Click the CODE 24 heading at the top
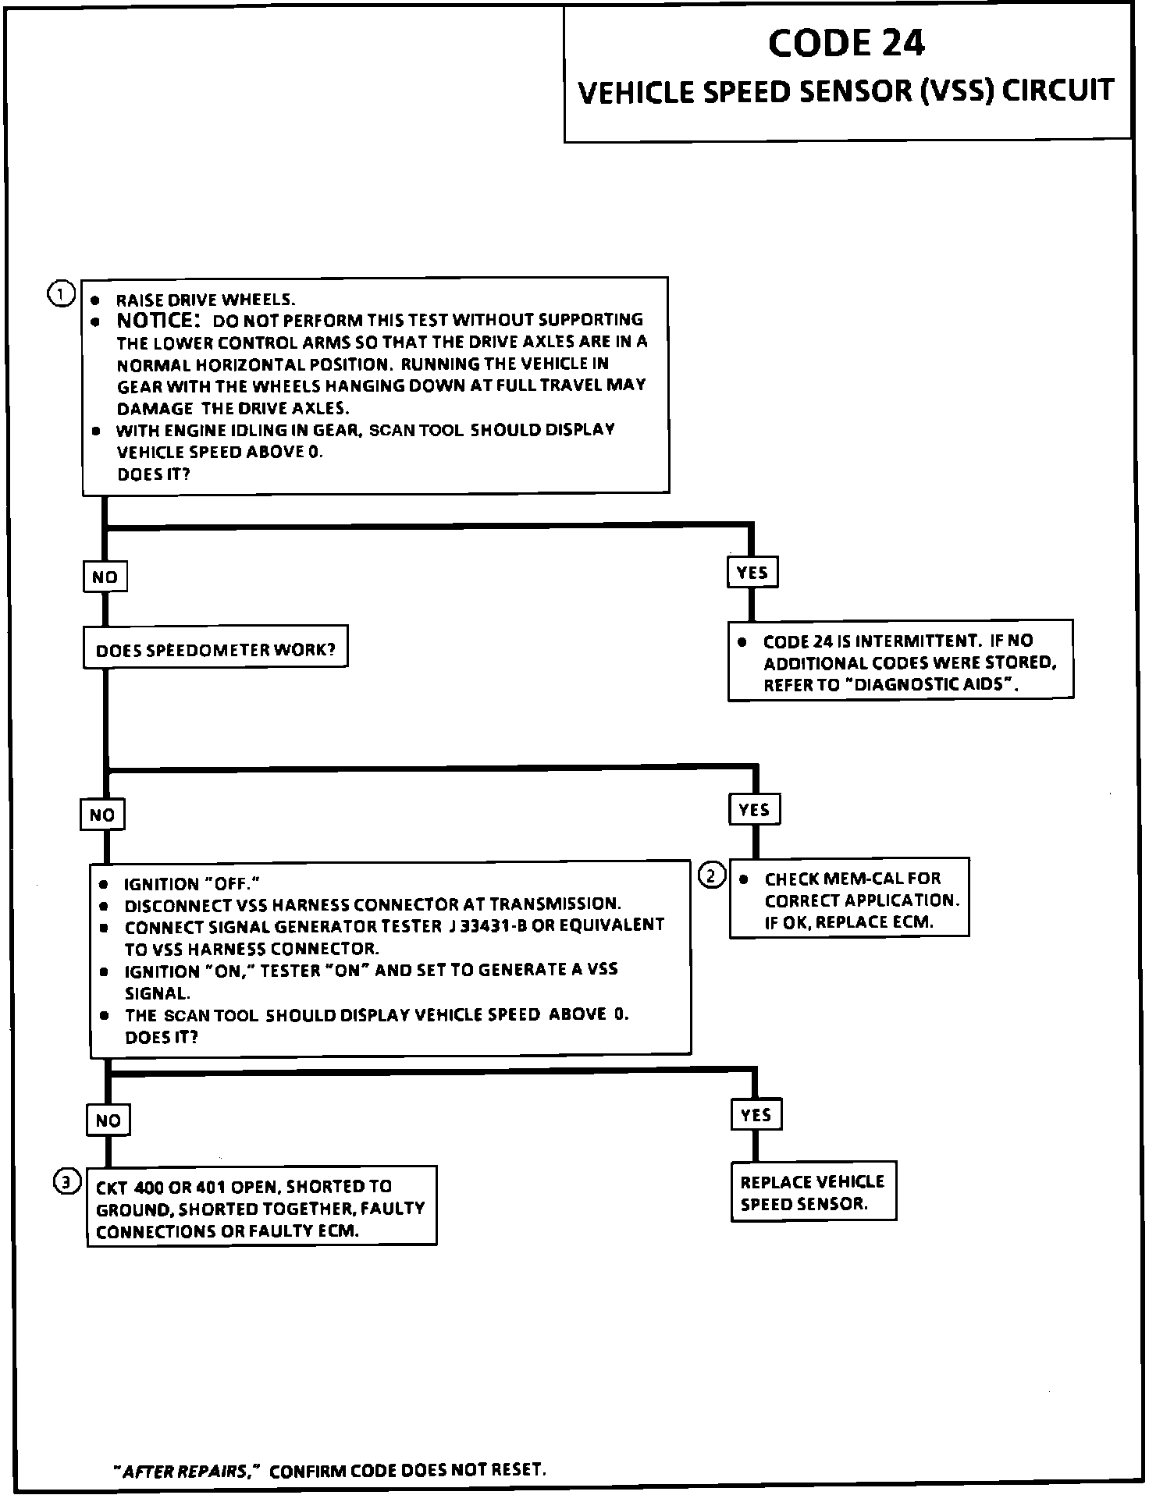click(x=846, y=43)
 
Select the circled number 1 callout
click(x=62, y=294)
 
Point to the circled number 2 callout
click(x=711, y=875)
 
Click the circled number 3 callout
click(x=66, y=1183)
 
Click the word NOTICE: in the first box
click(x=158, y=320)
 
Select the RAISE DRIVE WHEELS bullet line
click(x=205, y=300)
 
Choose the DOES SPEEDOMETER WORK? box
click(x=215, y=649)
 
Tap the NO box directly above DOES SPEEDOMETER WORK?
click(x=105, y=577)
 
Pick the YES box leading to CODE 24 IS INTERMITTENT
click(x=752, y=573)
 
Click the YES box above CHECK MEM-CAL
click(x=754, y=810)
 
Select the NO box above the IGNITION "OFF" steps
click(x=102, y=815)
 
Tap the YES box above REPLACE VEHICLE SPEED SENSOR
click(x=756, y=1115)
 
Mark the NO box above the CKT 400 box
click(x=108, y=1120)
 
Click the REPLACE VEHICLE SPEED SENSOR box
click(x=813, y=1191)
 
